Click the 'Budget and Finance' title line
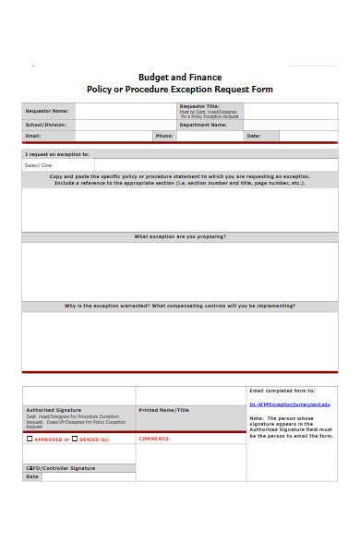point(180,77)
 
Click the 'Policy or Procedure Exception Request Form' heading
point(180,90)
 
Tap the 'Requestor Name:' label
point(47,110)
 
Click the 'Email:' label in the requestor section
point(33,135)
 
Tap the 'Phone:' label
point(164,135)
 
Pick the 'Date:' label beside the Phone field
point(253,135)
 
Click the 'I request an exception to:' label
point(57,154)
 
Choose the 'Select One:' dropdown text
point(39,165)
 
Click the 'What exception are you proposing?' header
point(180,236)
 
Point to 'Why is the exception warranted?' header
point(180,305)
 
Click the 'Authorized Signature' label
point(54,409)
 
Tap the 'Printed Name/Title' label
point(163,409)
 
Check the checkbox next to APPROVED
point(29,440)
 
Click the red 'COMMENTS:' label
point(154,439)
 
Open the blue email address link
point(289,404)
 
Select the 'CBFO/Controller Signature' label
point(60,468)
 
